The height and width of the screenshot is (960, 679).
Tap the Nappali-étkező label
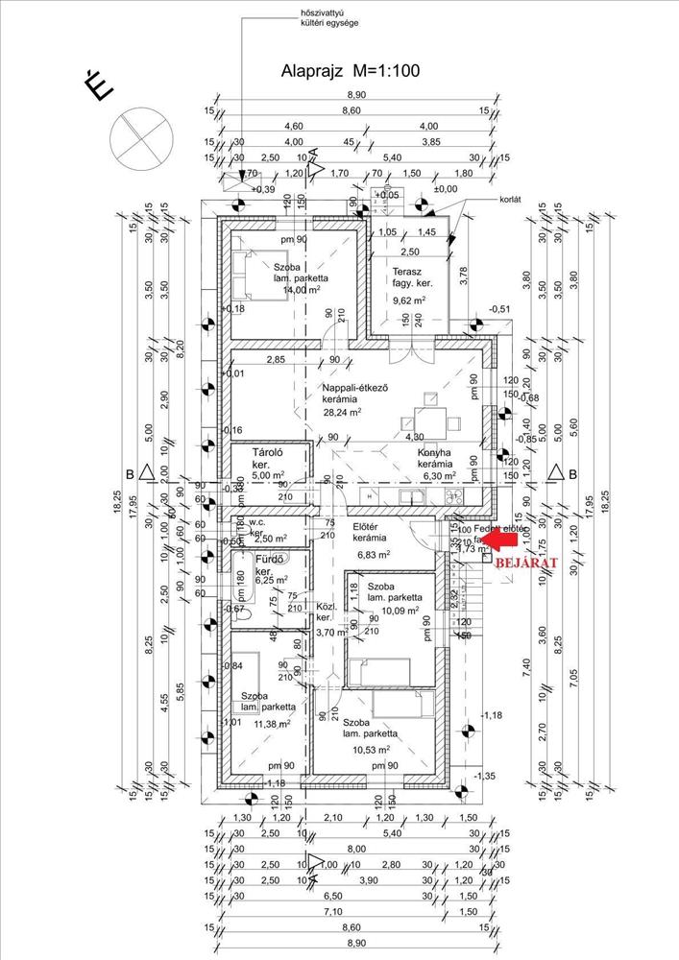pyautogui.click(x=354, y=387)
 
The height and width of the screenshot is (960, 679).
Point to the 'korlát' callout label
pyautogui.click(x=508, y=200)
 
